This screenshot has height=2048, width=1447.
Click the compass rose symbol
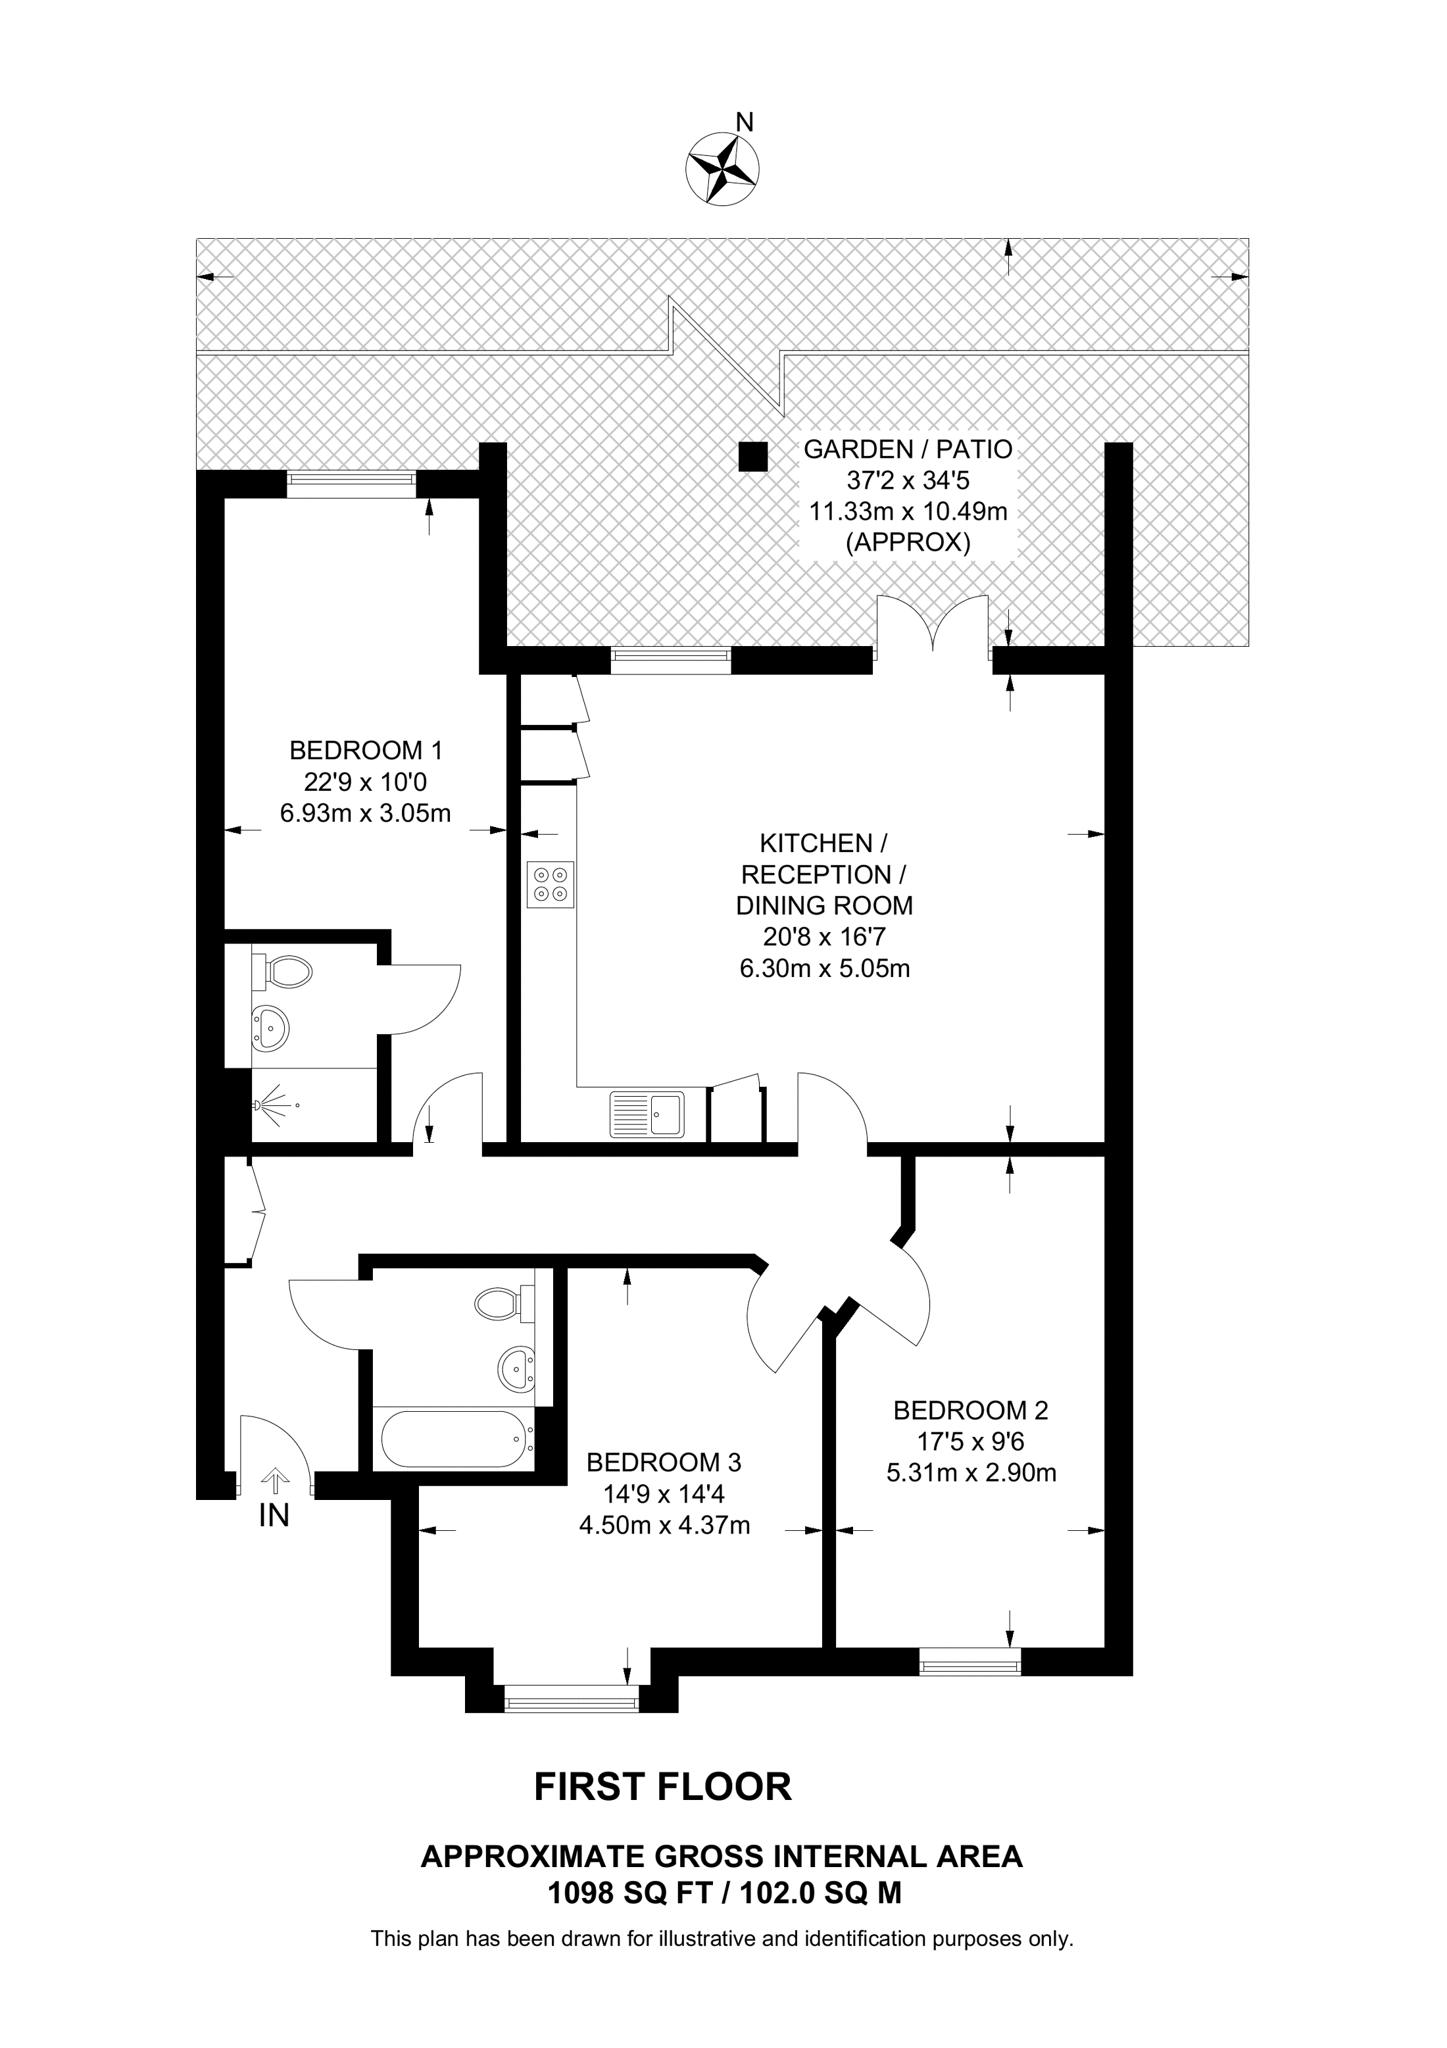click(722, 167)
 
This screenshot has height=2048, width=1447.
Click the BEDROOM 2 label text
click(970, 1411)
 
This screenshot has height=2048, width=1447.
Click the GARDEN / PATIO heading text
click(908, 449)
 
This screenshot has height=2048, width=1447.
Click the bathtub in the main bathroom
click(456, 1439)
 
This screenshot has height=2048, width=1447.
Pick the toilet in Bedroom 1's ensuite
click(283, 970)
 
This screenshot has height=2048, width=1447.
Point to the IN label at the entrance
click(274, 1516)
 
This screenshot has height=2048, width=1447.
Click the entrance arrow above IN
click(274, 1482)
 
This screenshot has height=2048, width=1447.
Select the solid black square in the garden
click(752, 457)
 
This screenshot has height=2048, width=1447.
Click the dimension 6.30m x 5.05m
click(825, 968)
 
